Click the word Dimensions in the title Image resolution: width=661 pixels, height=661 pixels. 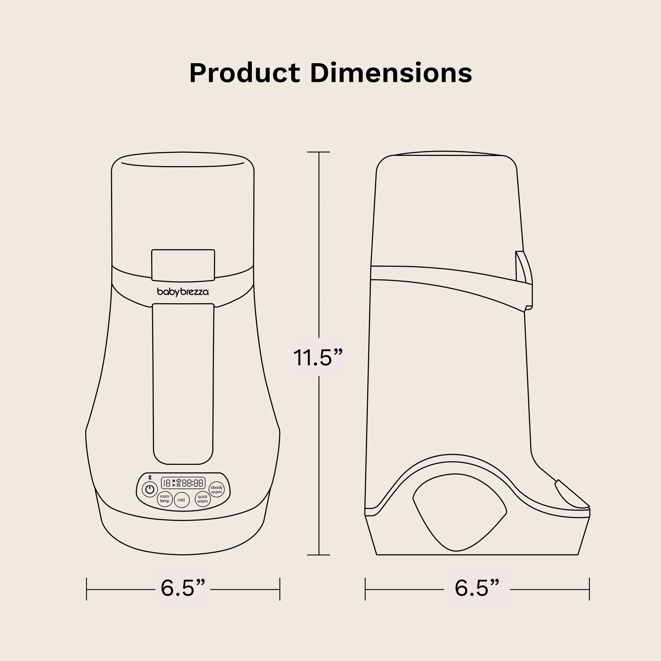coord(391,73)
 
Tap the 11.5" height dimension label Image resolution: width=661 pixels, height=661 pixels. coord(318,358)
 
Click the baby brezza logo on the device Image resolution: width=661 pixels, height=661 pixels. coord(183,292)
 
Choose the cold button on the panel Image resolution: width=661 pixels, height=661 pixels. coord(181,500)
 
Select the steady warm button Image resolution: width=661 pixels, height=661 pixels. coord(217,489)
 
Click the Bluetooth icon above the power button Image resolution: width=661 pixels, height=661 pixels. coord(149,478)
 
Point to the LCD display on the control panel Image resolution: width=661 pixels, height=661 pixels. coord(183,483)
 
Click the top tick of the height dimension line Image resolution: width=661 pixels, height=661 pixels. coord(319,152)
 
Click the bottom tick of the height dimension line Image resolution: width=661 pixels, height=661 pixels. coord(319,555)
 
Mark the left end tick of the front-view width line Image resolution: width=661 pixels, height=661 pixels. coord(87,589)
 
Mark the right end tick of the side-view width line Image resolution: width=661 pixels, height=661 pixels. coord(589,589)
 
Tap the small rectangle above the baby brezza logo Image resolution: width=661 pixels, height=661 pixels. coord(183,265)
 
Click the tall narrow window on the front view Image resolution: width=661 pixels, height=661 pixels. coord(183,383)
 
